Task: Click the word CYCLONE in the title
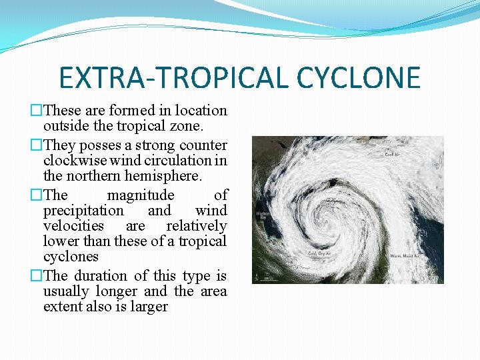tap(359, 77)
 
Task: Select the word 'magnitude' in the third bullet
tap(141, 195)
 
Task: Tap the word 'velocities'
tap(73, 226)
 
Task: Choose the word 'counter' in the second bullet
tap(203, 145)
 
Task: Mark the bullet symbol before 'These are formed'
tap(37, 111)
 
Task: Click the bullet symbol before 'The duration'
tap(37, 276)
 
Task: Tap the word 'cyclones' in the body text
tap(71, 257)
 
